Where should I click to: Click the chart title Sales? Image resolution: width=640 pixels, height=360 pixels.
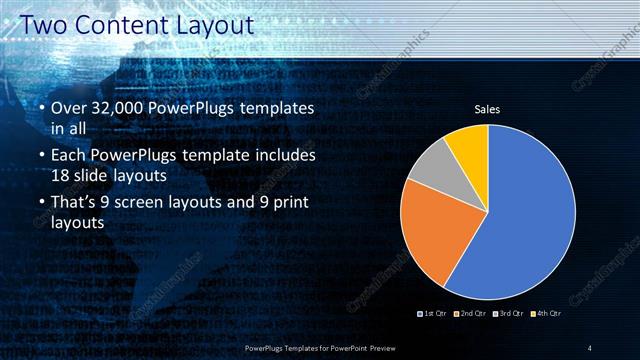coord(487,110)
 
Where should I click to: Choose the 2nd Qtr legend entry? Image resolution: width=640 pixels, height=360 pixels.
coord(470,315)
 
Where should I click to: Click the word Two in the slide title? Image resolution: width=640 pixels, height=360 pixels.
coord(40,24)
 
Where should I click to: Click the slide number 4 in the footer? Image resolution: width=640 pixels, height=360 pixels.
coord(590,347)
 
